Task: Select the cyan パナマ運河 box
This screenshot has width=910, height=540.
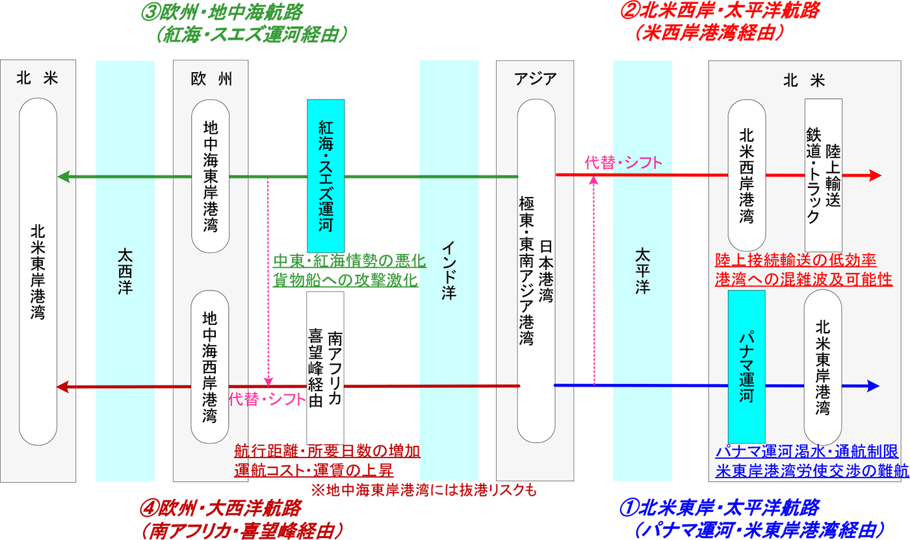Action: (x=746, y=366)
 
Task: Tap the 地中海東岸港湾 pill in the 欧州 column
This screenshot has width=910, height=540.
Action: (x=211, y=175)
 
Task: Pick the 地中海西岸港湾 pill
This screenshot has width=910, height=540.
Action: (x=211, y=367)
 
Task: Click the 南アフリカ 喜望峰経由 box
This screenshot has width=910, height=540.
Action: (x=325, y=367)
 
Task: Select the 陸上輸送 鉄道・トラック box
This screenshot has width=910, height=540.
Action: (x=824, y=170)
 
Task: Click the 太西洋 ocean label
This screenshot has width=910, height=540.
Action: (x=125, y=270)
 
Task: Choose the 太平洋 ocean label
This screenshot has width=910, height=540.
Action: (x=642, y=270)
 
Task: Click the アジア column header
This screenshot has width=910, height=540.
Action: (x=535, y=79)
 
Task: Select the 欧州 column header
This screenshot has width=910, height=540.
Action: (x=211, y=79)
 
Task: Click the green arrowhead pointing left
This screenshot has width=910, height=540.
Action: (x=63, y=176)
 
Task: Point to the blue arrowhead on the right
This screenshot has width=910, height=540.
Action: (x=873, y=386)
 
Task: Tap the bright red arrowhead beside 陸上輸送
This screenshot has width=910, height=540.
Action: (x=874, y=175)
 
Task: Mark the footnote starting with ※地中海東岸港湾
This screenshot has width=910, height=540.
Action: (x=424, y=489)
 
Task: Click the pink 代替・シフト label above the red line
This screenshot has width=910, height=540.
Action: (x=623, y=163)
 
